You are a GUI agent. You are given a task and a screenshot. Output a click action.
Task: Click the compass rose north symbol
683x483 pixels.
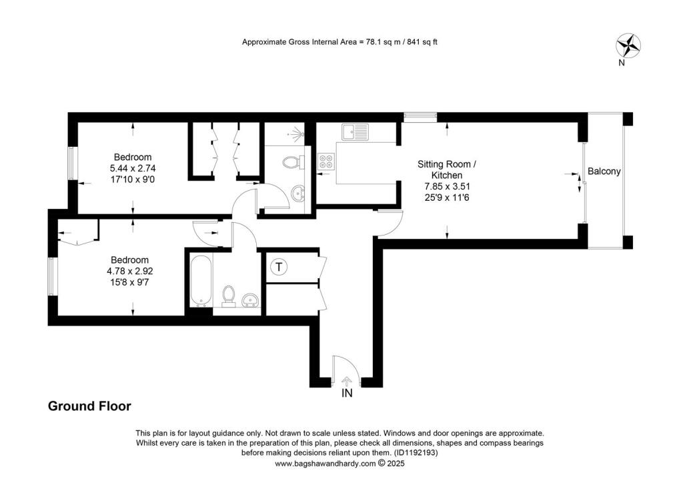pos(628,45)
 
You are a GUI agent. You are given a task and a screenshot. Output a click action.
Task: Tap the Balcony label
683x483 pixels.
pos(604,171)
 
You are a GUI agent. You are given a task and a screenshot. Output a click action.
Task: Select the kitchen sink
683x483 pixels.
pos(356,131)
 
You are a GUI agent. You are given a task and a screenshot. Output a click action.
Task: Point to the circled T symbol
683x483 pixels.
pos(279,268)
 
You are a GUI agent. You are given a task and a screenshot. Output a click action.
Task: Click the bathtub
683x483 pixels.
pos(201,280)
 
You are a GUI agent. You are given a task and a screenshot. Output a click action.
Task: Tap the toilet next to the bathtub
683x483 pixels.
pos(229,294)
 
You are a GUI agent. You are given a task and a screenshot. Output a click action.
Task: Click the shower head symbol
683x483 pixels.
pos(297,134)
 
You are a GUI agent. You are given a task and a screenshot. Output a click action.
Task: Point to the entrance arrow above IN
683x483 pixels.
pos(346,380)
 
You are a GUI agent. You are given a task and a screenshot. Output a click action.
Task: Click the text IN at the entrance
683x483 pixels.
pos(347,394)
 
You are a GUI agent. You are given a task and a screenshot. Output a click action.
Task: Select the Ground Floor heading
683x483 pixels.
pos(89,406)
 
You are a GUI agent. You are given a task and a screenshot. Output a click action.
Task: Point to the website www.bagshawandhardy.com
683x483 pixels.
pos(325,463)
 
